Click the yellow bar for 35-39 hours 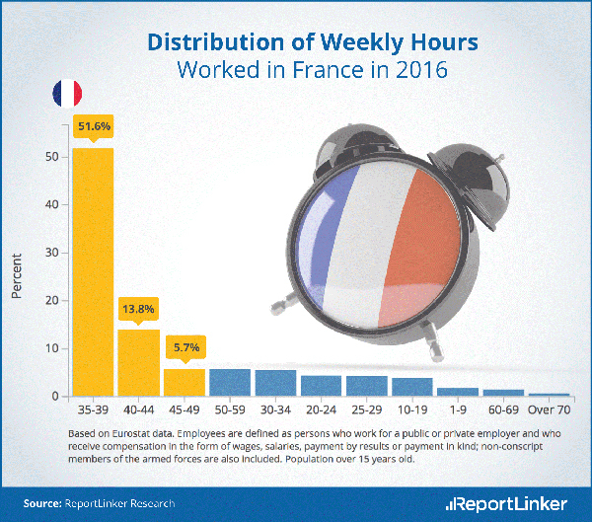point(93,271)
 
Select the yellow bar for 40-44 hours point(138,362)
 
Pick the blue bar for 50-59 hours point(230,383)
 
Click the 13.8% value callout point(138,309)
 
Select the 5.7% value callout point(185,347)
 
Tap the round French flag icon point(68,95)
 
